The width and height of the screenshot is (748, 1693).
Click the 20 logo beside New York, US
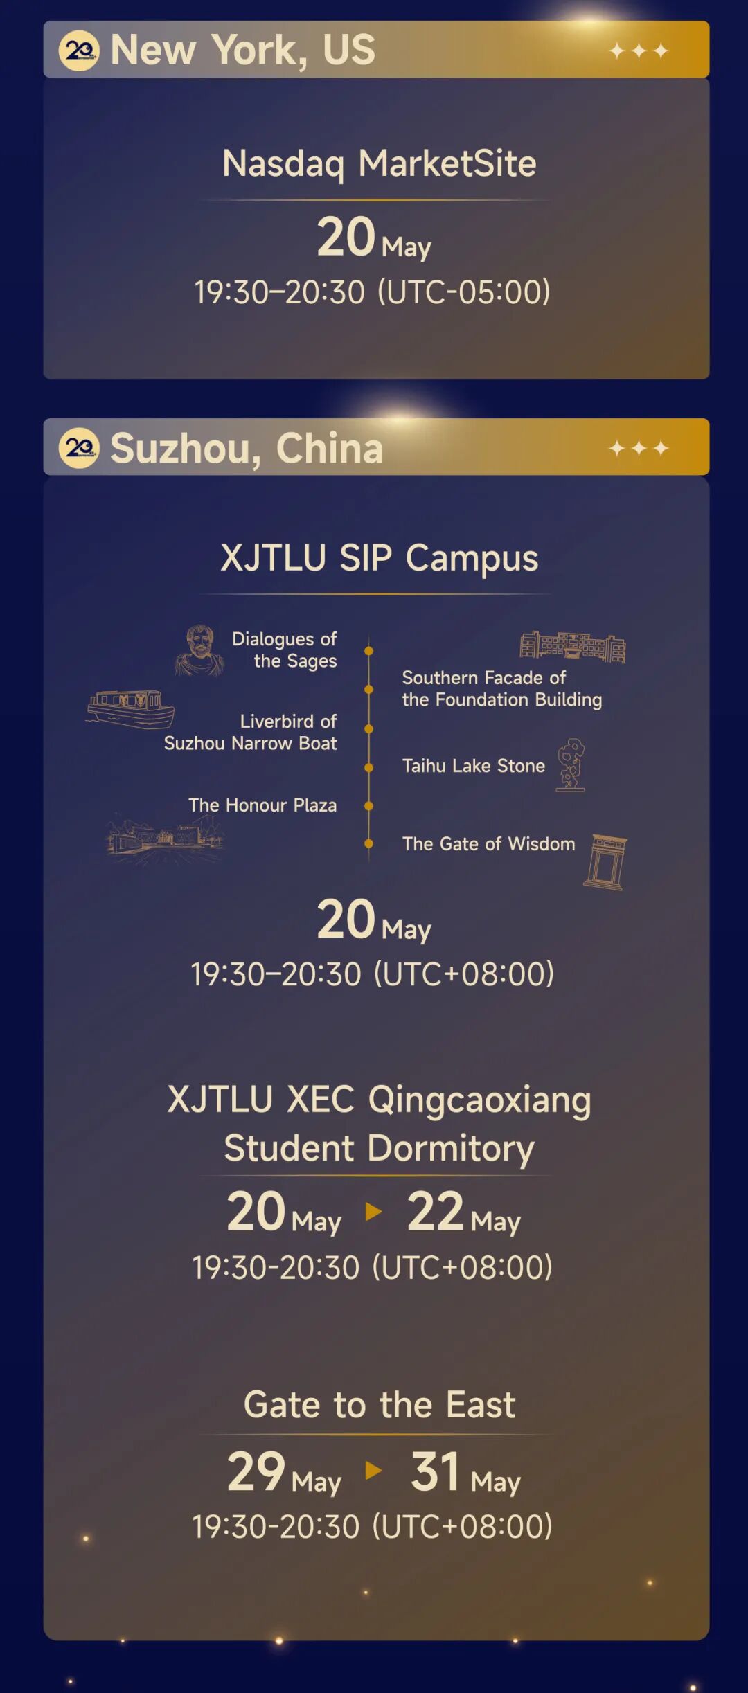click(79, 51)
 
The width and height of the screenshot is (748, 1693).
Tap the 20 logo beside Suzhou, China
click(79, 448)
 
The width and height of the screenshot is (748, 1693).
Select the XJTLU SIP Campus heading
click(380, 558)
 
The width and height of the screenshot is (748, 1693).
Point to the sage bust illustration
click(199, 650)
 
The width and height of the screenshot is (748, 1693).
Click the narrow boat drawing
click(130, 709)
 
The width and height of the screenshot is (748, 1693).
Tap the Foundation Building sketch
click(573, 646)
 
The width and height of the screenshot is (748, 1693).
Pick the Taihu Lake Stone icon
click(571, 764)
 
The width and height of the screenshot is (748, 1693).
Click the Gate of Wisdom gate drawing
click(605, 861)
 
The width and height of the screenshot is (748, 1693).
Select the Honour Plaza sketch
click(165, 839)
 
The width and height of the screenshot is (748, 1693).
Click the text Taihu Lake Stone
click(474, 766)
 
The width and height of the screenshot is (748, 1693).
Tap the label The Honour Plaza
click(262, 805)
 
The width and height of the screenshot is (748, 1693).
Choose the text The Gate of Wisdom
click(489, 844)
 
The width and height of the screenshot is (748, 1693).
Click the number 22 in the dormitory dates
click(435, 1211)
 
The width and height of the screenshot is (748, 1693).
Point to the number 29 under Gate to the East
click(256, 1471)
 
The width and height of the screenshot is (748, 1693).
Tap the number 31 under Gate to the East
click(435, 1471)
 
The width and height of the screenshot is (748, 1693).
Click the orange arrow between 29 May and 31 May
click(373, 1470)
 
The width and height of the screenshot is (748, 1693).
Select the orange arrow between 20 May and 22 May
click(373, 1211)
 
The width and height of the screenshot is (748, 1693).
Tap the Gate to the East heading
click(380, 1405)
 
